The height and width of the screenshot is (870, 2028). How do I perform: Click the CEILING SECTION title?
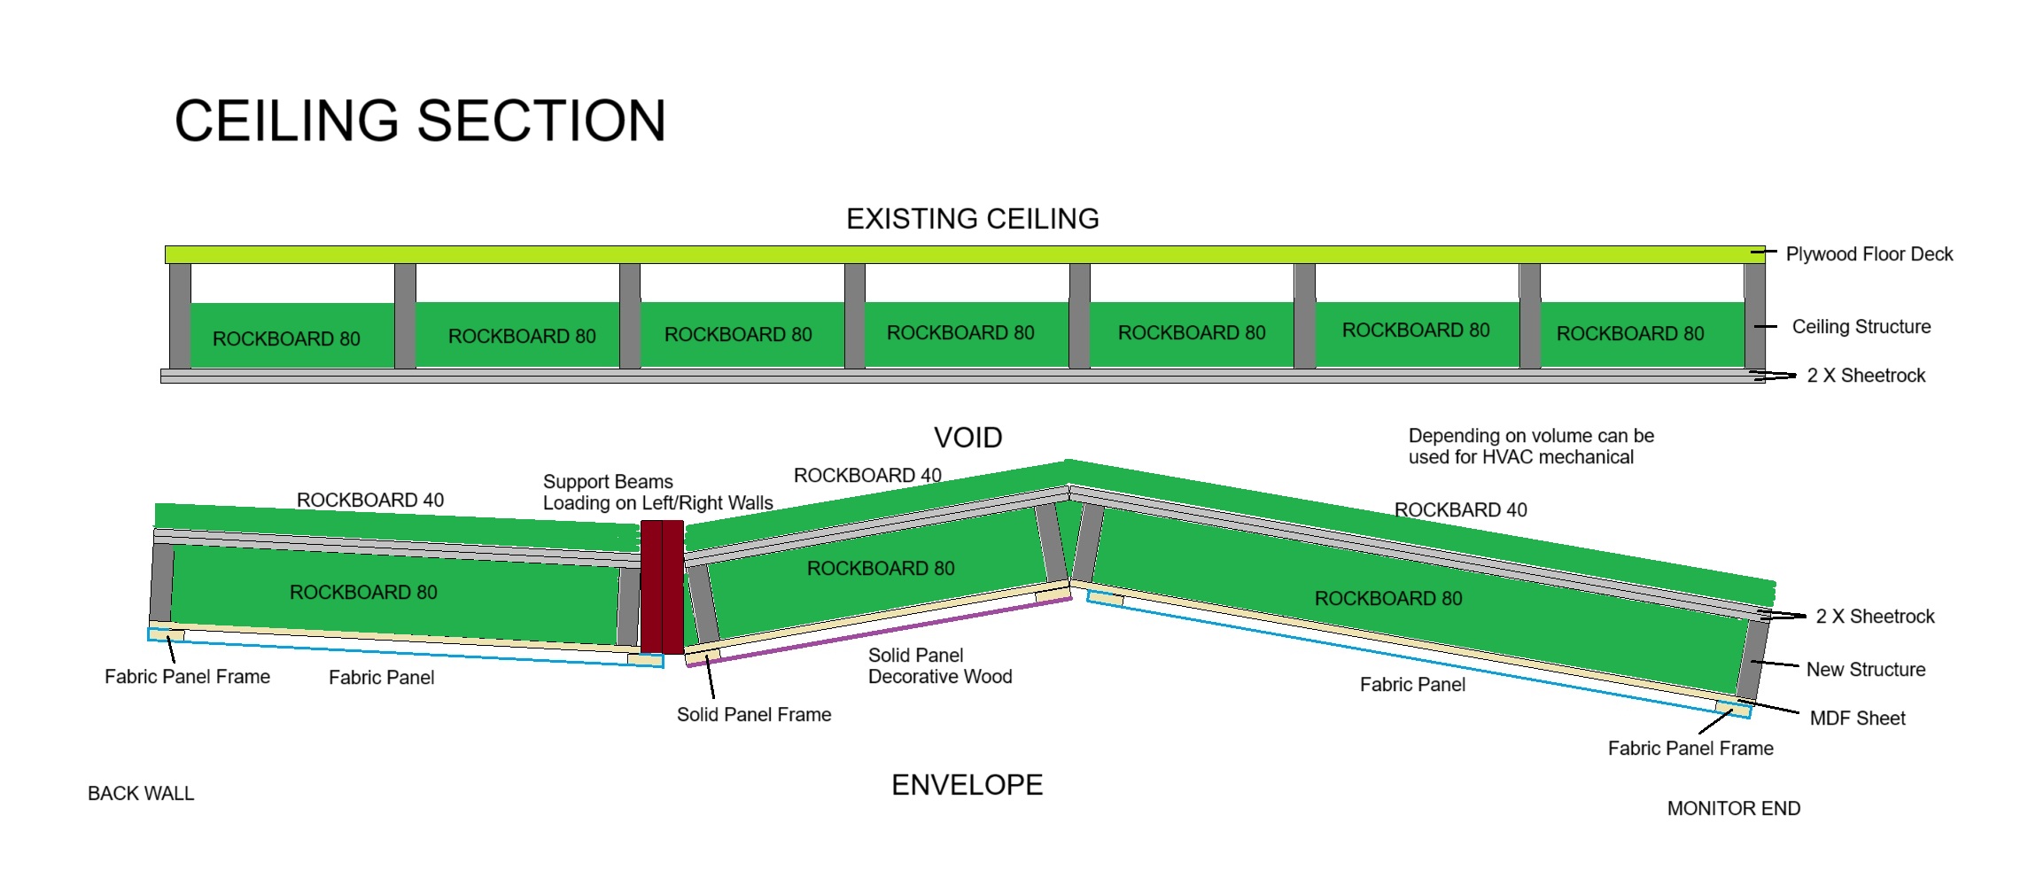(x=420, y=121)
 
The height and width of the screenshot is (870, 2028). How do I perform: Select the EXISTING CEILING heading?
(x=972, y=219)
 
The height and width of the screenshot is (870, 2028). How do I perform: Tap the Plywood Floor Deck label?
(x=1869, y=254)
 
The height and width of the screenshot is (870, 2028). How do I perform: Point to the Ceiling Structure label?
(x=1861, y=327)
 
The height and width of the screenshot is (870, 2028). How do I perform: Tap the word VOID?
(x=967, y=438)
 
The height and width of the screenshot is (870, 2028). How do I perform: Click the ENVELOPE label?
(x=967, y=785)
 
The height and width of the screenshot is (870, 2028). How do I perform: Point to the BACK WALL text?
(x=140, y=794)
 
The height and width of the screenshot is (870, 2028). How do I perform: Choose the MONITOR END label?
(x=1733, y=809)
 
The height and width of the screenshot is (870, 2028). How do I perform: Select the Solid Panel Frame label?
(x=753, y=715)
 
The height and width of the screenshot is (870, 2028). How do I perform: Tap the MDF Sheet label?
(x=1857, y=719)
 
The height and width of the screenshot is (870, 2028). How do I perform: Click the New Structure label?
(x=1865, y=670)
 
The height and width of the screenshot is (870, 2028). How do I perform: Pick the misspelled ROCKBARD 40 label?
(x=1460, y=510)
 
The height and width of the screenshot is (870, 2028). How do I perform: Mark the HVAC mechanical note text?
(x=1530, y=447)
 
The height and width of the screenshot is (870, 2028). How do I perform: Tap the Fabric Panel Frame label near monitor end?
(x=1690, y=749)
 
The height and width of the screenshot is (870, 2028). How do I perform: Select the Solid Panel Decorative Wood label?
(x=939, y=666)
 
